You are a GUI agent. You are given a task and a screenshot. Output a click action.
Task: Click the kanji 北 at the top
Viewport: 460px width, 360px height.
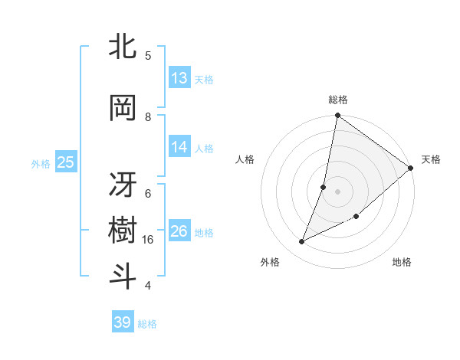[x=123, y=47]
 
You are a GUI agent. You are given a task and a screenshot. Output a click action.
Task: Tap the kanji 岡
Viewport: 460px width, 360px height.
[x=123, y=109]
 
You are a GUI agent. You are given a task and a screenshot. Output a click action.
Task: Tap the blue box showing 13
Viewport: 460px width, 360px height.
[x=179, y=78]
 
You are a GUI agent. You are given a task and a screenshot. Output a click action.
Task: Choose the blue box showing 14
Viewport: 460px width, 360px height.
[x=179, y=148]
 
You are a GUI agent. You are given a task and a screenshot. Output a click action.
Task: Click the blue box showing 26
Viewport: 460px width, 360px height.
[x=179, y=231]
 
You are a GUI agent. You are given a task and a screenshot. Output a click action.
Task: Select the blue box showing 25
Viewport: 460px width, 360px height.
[x=65, y=162]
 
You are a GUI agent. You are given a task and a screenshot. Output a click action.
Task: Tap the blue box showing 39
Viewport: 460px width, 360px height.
[x=123, y=322]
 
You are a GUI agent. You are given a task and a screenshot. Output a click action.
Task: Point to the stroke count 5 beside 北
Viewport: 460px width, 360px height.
[x=148, y=55]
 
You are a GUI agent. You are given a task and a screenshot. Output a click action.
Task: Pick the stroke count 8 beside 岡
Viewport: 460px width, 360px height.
[x=148, y=117]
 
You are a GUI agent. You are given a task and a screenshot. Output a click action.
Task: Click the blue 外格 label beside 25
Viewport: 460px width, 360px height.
[x=41, y=163]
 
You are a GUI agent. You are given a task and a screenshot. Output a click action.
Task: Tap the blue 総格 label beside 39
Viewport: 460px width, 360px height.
[x=147, y=324]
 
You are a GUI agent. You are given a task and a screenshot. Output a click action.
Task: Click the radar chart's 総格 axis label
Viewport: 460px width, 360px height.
[x=337, y=100]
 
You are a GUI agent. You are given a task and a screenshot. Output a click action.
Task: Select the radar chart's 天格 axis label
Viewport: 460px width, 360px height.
[x=431, y=159]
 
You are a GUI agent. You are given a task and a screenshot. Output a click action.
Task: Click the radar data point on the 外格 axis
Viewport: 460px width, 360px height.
[x=302, y=242]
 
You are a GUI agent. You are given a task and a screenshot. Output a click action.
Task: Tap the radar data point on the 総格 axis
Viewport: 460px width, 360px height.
[x=337, y=116]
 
